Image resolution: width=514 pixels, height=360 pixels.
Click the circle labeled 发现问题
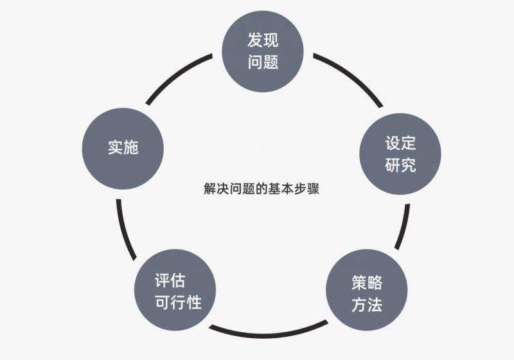tap(263, 51)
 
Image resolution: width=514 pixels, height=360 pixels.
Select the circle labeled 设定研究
tap(400, 154)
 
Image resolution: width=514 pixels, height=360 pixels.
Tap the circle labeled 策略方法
tap(367, 290)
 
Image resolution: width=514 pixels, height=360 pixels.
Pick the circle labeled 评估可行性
tap(175, 290)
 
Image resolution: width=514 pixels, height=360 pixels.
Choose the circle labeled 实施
tap(123, 148)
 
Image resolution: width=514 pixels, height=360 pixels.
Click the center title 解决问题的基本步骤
tap(261, 189)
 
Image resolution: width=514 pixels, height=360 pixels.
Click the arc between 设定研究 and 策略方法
tap(404, 227)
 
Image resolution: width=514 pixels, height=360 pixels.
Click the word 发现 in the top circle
tap(263, 40)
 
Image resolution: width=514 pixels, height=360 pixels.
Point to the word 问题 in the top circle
tap(263, 62)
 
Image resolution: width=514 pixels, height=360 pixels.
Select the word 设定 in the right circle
tap(400, 143)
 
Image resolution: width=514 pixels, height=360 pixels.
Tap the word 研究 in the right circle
tap(400, 165)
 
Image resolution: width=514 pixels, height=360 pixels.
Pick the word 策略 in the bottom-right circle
tap(367, 283)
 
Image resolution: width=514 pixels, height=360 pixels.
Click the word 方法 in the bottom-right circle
tap(367, 305)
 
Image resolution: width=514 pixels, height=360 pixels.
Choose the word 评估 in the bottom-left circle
tap(170, 280)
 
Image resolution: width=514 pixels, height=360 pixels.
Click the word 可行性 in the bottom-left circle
tap(178, 302)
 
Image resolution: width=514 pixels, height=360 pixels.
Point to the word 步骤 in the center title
tap(306, 189)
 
